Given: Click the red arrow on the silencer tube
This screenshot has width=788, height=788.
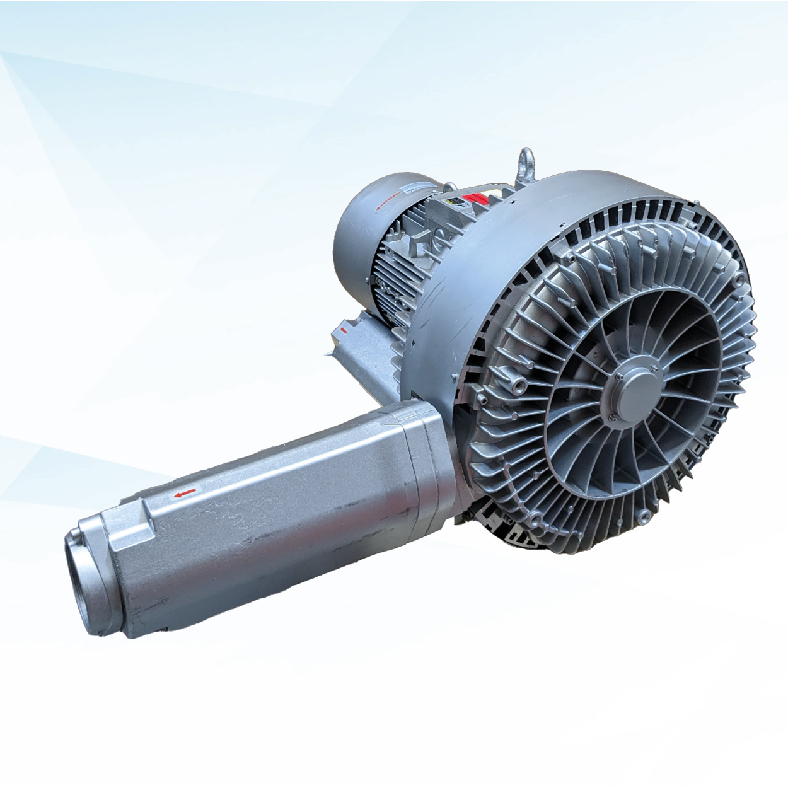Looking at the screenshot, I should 185,494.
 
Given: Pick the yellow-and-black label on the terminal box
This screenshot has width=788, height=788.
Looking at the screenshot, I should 453,200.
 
